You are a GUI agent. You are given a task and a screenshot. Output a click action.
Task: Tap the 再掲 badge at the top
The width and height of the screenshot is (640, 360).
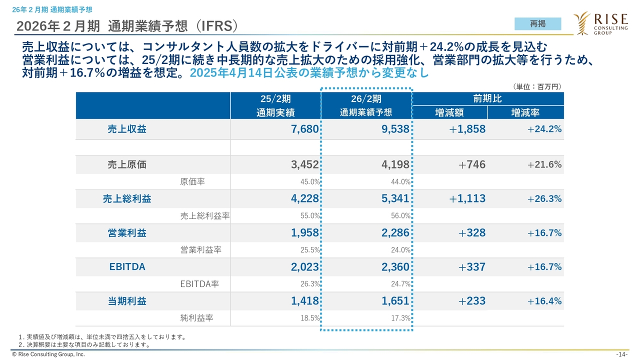[537, 23]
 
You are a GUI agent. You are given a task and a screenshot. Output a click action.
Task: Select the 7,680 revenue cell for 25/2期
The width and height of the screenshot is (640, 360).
[304, 129]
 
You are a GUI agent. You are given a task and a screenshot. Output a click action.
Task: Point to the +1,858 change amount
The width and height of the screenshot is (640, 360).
[467, 129]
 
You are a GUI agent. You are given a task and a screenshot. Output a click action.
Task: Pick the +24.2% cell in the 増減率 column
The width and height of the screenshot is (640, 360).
[544, 129]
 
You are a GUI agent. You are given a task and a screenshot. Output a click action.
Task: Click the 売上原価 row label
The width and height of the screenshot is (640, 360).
[127, 164]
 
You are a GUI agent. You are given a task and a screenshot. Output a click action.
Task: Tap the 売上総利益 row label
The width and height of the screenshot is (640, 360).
[127, 198]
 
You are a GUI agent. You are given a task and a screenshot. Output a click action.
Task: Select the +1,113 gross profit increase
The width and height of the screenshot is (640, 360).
[467, 198]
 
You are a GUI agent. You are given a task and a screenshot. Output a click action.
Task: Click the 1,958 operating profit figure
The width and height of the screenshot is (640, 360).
[304, 233]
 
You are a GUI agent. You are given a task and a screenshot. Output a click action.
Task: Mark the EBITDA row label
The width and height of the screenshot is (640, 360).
[127, 267]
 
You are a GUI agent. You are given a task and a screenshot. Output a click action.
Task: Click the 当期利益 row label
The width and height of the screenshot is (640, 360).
[127, 301]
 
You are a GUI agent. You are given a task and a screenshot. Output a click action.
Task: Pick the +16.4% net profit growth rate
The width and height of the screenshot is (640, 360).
[544, 301]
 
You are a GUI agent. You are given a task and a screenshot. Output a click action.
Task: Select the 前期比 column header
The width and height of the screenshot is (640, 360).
[487, 98]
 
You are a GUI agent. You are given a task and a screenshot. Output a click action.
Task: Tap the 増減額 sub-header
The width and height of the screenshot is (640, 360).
[450, 112]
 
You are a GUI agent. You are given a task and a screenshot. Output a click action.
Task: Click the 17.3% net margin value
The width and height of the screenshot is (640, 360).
[400, 318]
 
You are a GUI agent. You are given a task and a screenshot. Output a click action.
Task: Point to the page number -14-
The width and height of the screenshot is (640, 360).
[622, 354]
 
